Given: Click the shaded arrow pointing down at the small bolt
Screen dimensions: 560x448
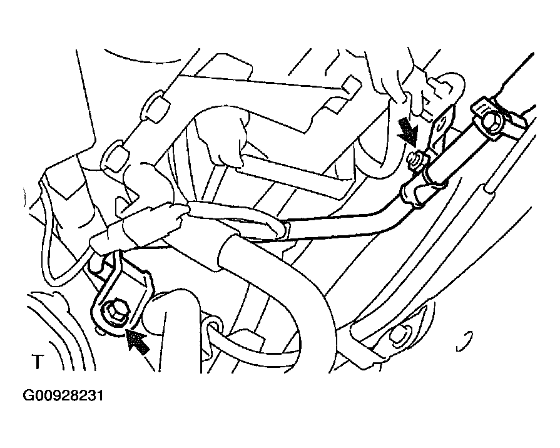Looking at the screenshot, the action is (408, 132).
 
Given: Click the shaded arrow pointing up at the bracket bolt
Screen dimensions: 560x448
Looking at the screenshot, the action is (138, 341).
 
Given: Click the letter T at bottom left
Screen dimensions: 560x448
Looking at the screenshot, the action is (38, 362).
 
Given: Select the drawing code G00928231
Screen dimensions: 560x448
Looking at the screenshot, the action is (63, 396).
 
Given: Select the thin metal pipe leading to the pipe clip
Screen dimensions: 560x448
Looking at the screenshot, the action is (343, 225).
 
